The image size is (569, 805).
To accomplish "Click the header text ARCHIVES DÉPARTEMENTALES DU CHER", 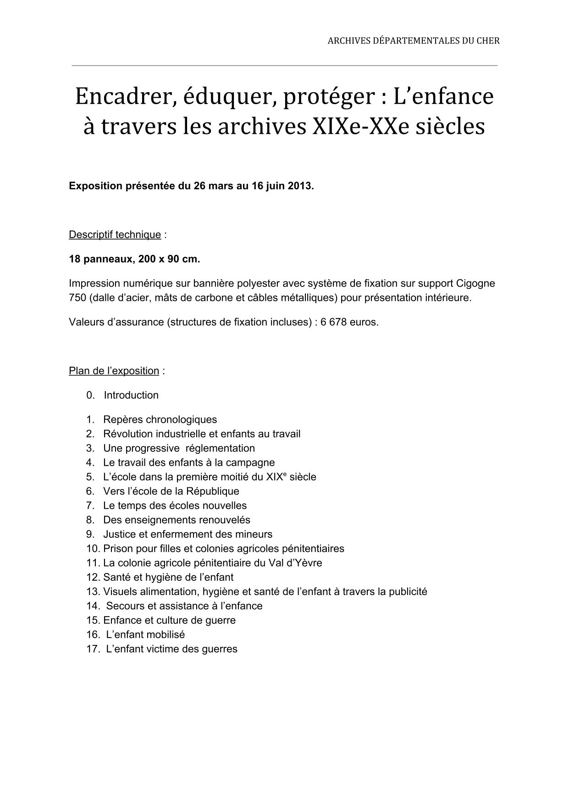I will [x=413, y=41].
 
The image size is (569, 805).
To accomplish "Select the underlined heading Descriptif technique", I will [x=115, y=235].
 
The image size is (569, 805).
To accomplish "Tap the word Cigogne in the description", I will [x=475, y=283].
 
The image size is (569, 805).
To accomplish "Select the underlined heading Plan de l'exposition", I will [x=114, y=371].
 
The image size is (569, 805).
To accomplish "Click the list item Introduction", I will [x=131, y=395].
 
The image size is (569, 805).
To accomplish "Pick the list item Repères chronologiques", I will [x=160, y=419].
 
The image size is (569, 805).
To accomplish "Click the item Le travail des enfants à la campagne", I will [x=189, y=463].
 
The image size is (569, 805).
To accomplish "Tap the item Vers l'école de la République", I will [x=171, y=491].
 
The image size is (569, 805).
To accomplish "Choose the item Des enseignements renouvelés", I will [x=177, y=520].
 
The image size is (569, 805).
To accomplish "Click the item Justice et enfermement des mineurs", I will [x=188, y=535].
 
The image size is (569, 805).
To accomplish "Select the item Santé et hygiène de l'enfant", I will [x=168, y=577].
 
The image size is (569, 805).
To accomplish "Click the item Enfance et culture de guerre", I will [x=169, y=620].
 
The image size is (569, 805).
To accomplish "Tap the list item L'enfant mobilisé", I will [x=145, y=635].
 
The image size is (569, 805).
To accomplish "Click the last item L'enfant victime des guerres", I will [x=171, y=649].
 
